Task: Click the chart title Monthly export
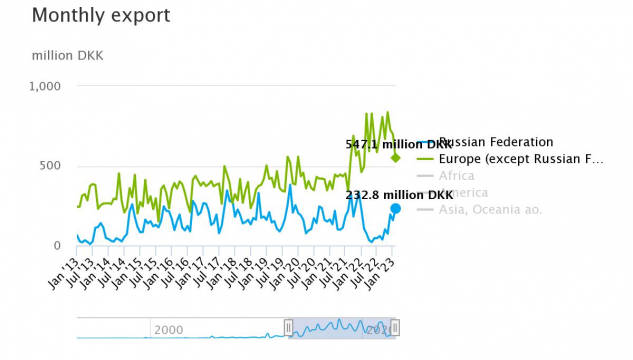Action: click(x=101, y=16)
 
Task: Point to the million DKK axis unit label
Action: click(x=68, y=55)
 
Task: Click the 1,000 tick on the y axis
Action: click(x=45, y=86)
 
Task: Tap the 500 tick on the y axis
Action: click(x=50, y=166)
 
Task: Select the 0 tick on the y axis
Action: click(x=57, y=246)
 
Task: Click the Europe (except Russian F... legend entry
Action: click(x=521, y=159)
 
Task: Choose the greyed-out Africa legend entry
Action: click(x=457, y=176)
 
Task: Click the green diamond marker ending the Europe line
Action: click(x=395, y=158)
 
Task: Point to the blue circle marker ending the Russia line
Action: click(x=395, y=208)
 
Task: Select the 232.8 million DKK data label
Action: click(x=392, y=194)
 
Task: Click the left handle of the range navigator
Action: click(x=288, y=328)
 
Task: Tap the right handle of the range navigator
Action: click(x=395, y=328)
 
